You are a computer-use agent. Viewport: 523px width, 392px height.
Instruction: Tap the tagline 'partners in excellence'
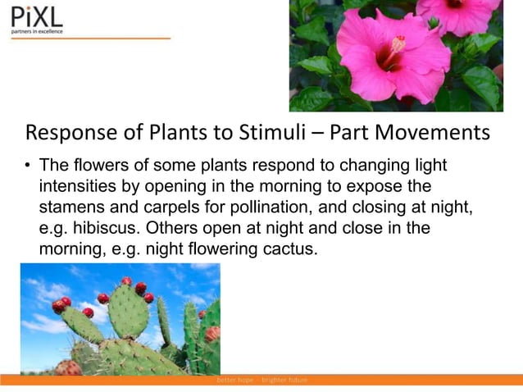(36, 32)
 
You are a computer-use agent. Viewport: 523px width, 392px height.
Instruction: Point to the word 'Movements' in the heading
(430, 132)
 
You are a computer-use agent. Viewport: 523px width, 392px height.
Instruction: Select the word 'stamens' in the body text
(70, 207)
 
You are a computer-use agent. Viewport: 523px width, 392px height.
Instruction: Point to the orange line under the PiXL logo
(90, 39)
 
